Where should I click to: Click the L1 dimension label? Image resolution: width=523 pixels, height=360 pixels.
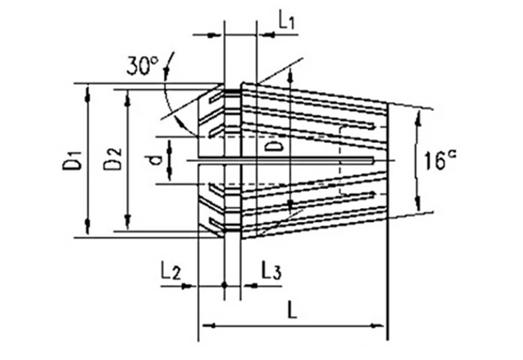287,20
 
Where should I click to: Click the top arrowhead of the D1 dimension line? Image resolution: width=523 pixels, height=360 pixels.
88,89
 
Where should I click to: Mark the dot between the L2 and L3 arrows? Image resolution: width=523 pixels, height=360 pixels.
224,285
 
